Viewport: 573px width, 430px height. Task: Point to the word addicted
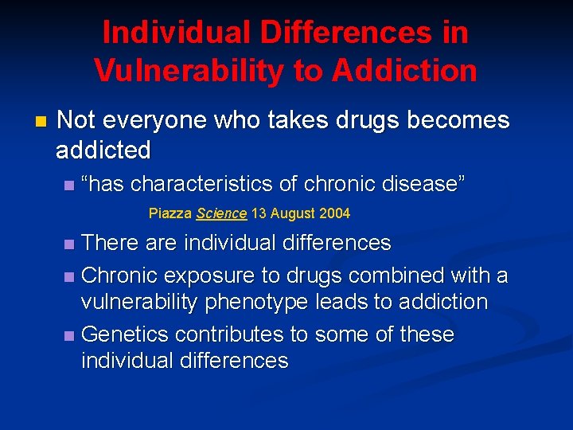[x=103, y=149]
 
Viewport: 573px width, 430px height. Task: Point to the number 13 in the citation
[x=259, y=213]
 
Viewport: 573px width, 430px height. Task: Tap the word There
[x=110, y=242]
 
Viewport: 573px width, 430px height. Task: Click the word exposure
[x=201, y=276]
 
